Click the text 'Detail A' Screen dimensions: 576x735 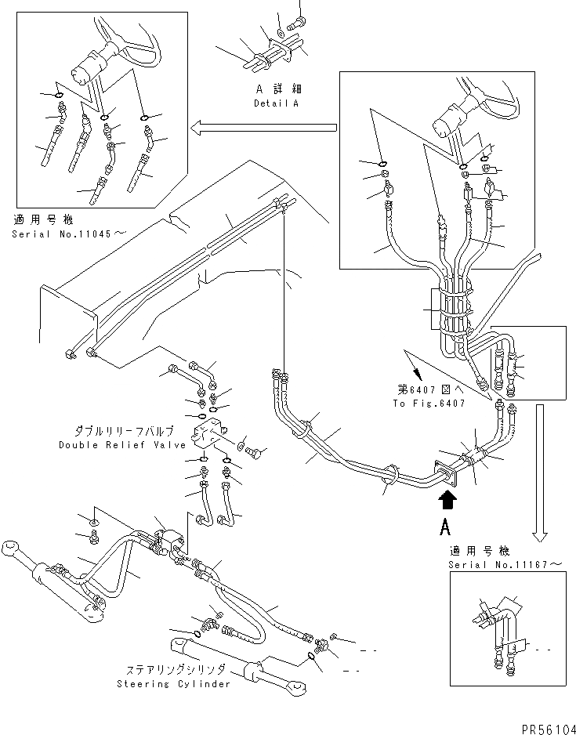pyautogui.click(x=276, y=103)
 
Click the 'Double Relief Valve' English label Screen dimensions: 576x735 pyautogui.click(x=123, y=445)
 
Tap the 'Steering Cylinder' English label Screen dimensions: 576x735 pyautogui.click(x=174, y=683)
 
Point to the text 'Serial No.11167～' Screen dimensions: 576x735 pyautogui.click(x=505, y=564)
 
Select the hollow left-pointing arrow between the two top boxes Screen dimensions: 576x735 pyautogui.click(x=263, y=127)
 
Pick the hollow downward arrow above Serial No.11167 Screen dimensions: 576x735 pyautogui.click(x=542, y=474)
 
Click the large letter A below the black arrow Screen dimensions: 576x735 pyautogui.click(x=445, y=528)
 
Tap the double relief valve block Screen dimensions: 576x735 pyautogui.click(x=209, y=435)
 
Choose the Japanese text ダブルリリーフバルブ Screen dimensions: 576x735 pyautogui.click(x=124, y=431)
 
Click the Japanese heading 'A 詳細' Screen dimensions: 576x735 pyautogui.click(x=277, y=89)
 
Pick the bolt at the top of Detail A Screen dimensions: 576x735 pyautogui.click(x=298, y=20)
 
